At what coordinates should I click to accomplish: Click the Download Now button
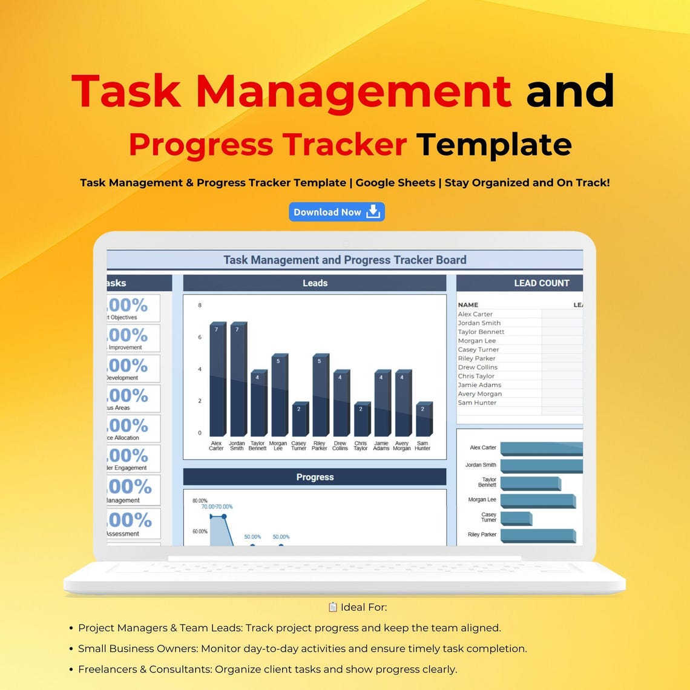point(337,212)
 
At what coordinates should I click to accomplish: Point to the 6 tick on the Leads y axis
point(200,337)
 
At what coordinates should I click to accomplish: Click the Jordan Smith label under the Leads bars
point(237,446)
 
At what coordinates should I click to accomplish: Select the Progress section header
point(315,477)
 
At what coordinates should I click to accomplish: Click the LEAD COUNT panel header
point(541,283)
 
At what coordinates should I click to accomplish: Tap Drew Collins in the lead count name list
point(478,367)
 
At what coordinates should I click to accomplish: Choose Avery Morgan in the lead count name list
point(479,394)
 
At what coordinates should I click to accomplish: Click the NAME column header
point(468,305)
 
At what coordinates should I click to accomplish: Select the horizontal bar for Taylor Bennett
point(530,484)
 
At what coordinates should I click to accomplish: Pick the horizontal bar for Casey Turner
point(516,519)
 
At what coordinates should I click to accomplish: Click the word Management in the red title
point(353,91)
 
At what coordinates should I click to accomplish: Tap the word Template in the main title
point(494,145)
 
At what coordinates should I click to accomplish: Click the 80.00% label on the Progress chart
point(200,501)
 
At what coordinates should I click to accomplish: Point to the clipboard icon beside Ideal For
point(332,607)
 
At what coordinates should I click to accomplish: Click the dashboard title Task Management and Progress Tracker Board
point(344,260)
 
